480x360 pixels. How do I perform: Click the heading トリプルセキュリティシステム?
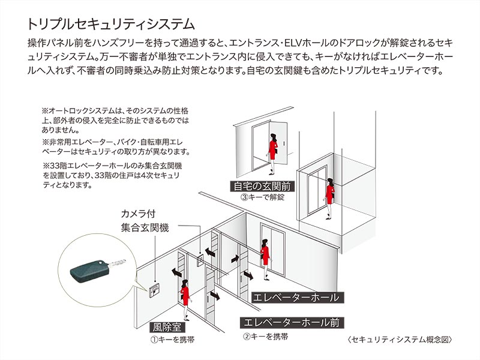[x=111, y=24]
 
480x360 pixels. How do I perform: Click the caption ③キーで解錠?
[x=262, y=196]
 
